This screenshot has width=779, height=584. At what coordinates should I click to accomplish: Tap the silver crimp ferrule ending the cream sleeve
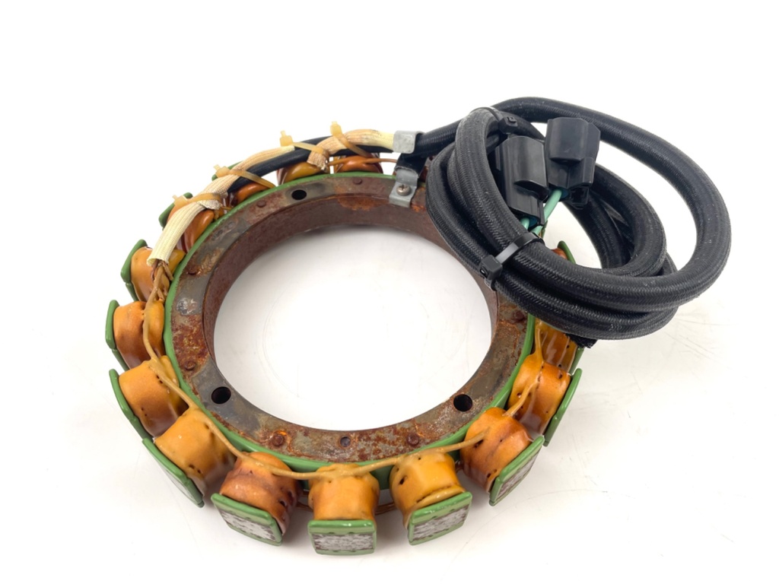coord(404,141)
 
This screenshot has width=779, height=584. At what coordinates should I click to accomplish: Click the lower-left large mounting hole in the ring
coord(221,395)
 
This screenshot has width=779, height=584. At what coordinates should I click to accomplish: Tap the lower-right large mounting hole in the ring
coord(462,402)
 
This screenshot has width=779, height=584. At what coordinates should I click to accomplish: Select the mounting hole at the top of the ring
coord(298,195)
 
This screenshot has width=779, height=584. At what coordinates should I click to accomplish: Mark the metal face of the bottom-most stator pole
coord(342,539)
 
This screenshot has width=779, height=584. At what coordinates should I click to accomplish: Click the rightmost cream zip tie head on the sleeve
coord(335,130)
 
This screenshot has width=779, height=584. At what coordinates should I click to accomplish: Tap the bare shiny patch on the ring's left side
coord(185,307)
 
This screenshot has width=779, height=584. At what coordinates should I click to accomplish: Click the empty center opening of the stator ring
coord(350,319)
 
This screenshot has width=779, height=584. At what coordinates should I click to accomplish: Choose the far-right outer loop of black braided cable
coord(711,228)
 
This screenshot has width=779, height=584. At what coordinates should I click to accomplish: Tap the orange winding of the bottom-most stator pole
coord(344,498)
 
